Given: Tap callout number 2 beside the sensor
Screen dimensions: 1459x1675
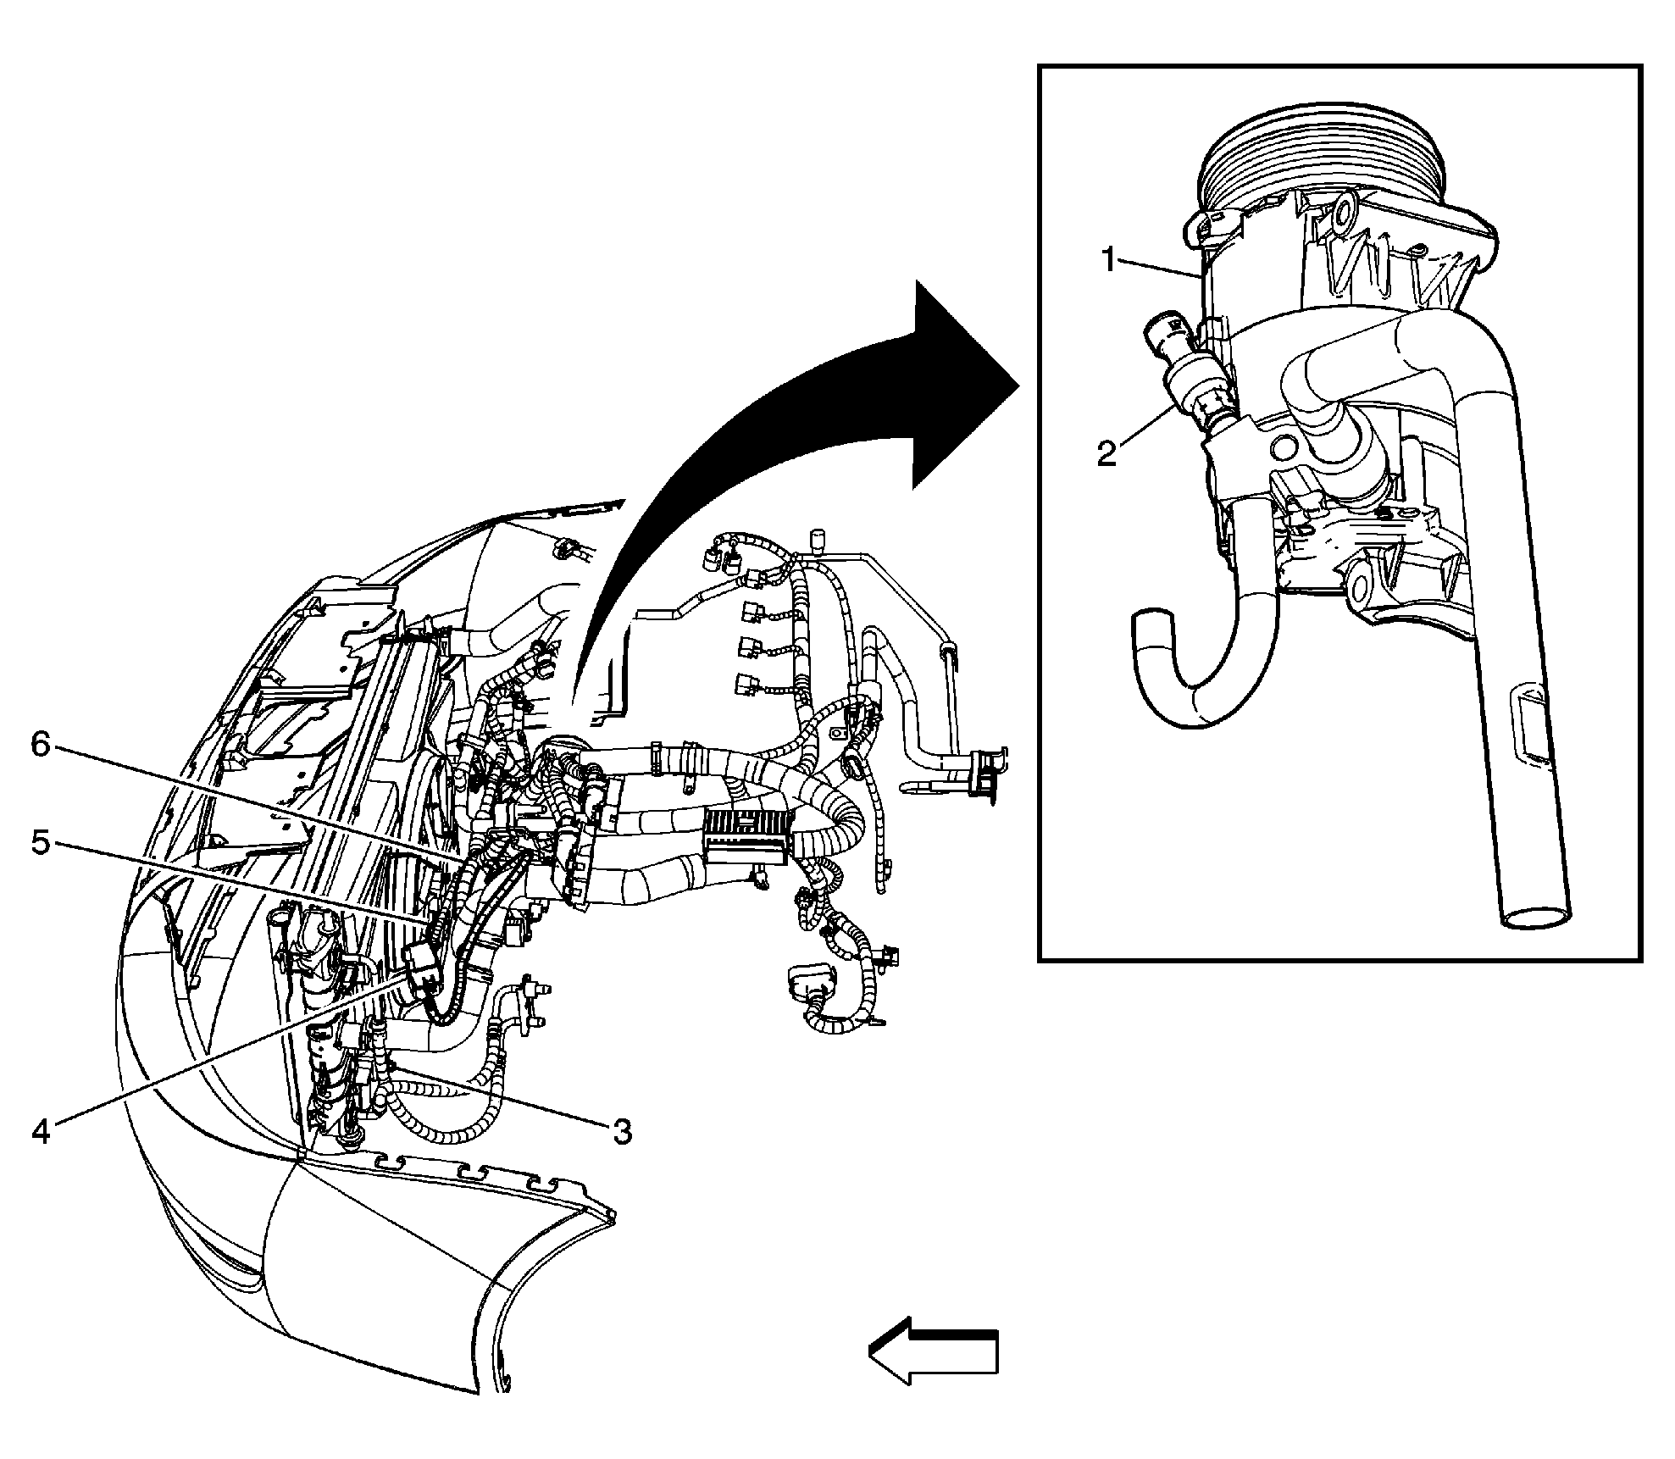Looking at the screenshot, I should [1106, 452].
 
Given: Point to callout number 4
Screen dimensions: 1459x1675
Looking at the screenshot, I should [42, 1131].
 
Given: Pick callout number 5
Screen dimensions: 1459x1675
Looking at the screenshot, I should [42, 843].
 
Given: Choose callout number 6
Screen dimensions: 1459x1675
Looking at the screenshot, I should [42, 745].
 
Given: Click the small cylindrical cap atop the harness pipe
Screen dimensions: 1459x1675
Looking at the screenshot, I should [818, 541].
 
